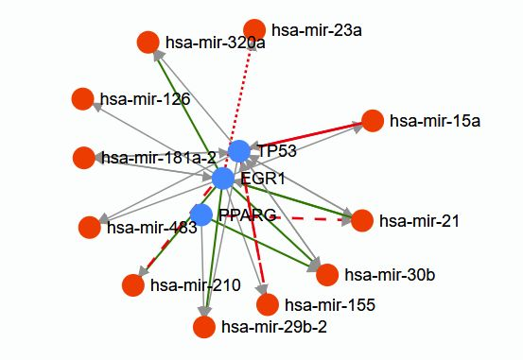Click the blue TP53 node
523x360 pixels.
click(x=239, y=151)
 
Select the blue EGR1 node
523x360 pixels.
click(x=223, y=178)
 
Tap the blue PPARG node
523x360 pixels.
click(x=200, y=214)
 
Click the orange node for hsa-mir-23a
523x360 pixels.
click(x=254, y=30)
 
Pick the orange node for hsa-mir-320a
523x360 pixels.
click(x=148, y=43)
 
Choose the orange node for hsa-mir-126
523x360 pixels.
click(x=82, y=98)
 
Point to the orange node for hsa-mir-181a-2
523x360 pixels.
click(x=83, y=157)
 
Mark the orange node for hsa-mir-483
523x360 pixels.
click(x=89, y=228)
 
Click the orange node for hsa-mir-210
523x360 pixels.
click(x=133, y=284)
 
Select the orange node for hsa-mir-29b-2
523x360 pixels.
click(x=203, y=327)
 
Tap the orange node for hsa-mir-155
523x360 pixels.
click(x=268, y=304)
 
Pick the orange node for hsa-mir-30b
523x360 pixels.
click(x=327, y=275)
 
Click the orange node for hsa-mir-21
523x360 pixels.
click(x=361, y=221)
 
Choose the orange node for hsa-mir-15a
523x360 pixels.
click(x=373, y=121)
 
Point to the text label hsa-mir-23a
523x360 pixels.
click(x=317, y=30)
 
